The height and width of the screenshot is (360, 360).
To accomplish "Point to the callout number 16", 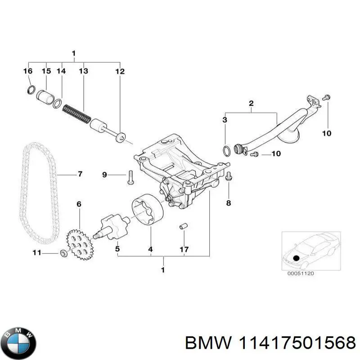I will pos(27,71).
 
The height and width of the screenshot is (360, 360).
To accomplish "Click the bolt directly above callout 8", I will pos(228,176).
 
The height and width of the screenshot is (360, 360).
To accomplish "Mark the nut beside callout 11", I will pos(64,254).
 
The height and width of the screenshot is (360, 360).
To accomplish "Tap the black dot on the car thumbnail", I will pos(297,258).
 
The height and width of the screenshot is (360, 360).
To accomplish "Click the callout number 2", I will pos(251,104).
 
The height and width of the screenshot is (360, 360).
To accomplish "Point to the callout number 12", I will pos(119,71).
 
